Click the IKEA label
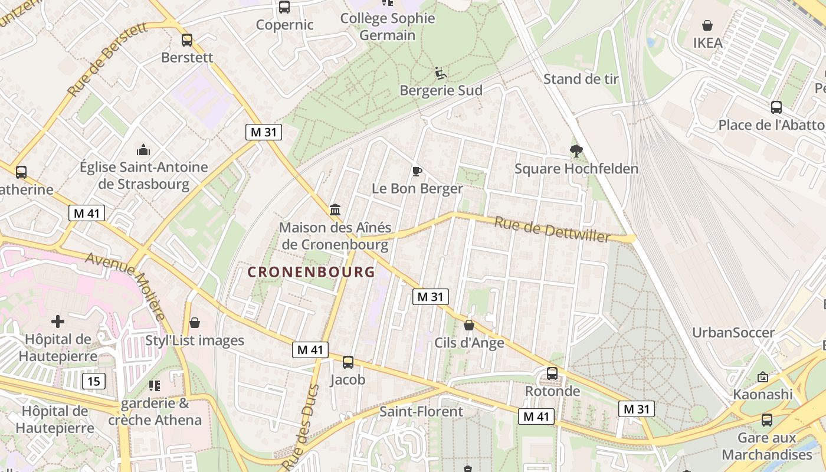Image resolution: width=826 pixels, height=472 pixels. click(x=707, y=42)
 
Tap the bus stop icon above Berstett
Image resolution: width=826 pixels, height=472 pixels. click(x=187, y=40)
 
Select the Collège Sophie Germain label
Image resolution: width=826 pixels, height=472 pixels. click(x=388, y=27)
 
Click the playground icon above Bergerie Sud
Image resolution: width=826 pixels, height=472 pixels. click(x=441, y=73)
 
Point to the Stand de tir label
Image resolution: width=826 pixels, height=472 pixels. click(x=581, y=79)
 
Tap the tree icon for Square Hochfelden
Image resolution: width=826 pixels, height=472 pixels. click(x=576, y=151)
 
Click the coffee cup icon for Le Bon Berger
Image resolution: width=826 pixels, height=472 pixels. click(x=417, y=171)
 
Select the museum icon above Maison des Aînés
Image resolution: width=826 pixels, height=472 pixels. click(x=335, y=209)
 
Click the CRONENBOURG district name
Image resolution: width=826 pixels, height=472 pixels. click(x=311, y=272)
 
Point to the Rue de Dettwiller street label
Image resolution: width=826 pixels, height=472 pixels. click(x=552, y=230)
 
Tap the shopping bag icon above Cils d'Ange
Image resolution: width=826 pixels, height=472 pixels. click(x=469, y=325)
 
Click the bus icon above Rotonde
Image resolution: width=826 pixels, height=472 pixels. click(x=552, y=373)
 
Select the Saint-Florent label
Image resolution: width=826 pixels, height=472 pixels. click(x=421, y=411)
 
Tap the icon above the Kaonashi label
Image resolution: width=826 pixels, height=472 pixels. click(x=762, y=376)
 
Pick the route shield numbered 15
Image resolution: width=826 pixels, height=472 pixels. click(x=94, y=381)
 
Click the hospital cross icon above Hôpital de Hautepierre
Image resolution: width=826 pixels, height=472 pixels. click(x=58, y=322)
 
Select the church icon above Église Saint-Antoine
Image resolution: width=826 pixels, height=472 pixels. click(x=143, y=150)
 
